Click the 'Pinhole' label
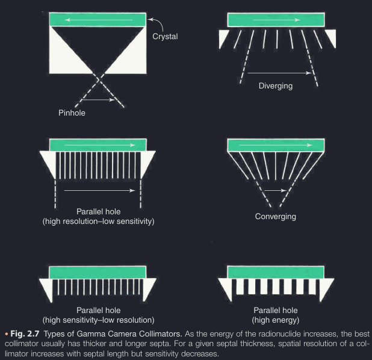[x=72, y=112]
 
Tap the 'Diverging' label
[x=275, y=85]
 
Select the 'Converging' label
[x=276, y=216]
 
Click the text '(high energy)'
[x=276, y=319]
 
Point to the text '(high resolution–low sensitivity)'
[x=98, y=222]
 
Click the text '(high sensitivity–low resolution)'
[x=98, y=319]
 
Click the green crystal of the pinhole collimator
[x=98, y=20]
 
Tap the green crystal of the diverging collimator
[x=276, y=20]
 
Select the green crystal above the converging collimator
[x=276, y=145]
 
